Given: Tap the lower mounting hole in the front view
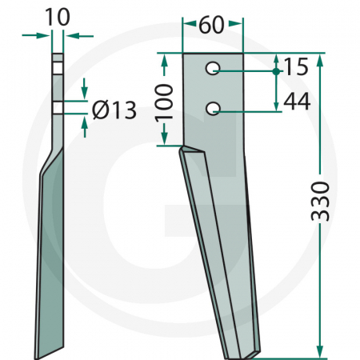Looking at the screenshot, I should [x=213, y=108].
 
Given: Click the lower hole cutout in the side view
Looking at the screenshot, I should [x=58, y=108].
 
